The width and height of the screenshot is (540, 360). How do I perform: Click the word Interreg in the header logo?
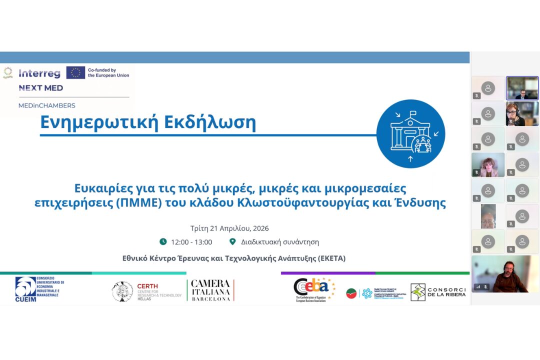39,73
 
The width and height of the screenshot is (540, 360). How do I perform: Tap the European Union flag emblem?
75,73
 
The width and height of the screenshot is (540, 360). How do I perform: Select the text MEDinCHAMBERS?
46,105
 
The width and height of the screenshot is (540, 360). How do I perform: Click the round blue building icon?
410,133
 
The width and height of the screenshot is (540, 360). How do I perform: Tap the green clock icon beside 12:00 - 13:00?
163,242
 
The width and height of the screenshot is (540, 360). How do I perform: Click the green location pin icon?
232,242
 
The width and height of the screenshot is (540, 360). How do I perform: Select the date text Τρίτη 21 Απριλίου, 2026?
229,228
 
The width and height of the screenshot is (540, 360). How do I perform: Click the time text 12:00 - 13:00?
191,242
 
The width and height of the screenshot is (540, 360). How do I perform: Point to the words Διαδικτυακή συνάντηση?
280,242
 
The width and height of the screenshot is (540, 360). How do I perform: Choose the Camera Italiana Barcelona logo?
211,290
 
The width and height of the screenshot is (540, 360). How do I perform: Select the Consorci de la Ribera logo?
438,292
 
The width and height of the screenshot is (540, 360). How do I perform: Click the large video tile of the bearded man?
505,274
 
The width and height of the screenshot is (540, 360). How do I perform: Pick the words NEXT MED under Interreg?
41,88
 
